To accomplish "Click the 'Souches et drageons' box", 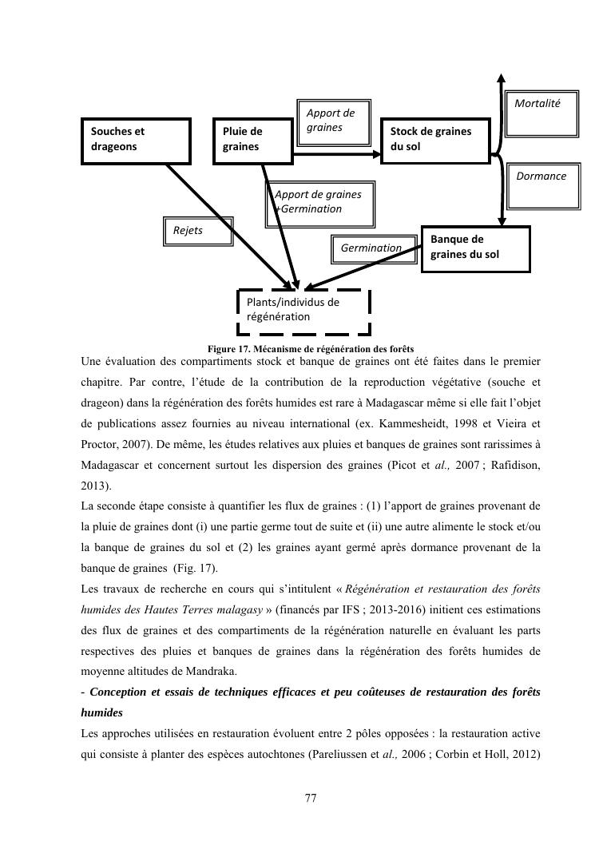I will [x=136, y=141].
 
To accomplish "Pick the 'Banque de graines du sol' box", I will [x=475, y=248].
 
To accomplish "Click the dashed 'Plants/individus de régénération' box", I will [x=304, y=311].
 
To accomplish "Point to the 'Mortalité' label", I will [x=537, y=104].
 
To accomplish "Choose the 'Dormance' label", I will [x=541, y=177].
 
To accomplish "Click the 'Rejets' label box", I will [x=197, y=231].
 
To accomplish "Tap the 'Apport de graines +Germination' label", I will [x=319, y=201].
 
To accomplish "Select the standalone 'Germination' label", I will [x=371, y=248].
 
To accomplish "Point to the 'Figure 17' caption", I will [x=310, y=350].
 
